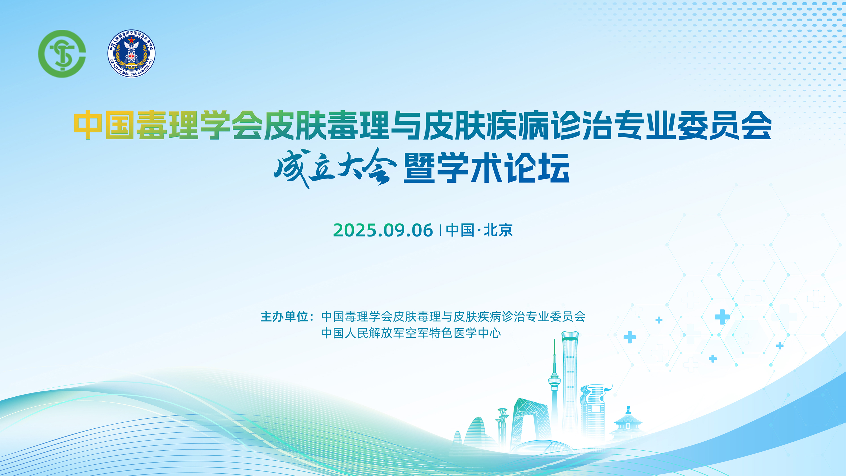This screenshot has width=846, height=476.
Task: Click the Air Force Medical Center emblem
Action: [131, 53]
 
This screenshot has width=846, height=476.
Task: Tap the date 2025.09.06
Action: [383, 230]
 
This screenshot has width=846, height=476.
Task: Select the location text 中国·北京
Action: [479, 230]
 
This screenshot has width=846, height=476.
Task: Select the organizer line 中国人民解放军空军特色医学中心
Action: [411, 333]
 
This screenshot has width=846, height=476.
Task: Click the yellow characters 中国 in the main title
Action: [104, 125]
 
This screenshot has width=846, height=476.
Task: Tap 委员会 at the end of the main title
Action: [724, 125]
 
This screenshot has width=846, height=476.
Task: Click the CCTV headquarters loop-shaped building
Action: [529, 424]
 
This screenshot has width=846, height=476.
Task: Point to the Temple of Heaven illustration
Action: [628, 424]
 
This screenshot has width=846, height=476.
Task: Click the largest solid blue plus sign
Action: [722, 317]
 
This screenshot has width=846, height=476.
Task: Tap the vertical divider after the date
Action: [440, 230]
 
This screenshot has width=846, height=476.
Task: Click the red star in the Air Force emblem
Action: [131, 40]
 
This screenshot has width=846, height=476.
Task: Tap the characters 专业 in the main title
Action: [646, 125]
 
